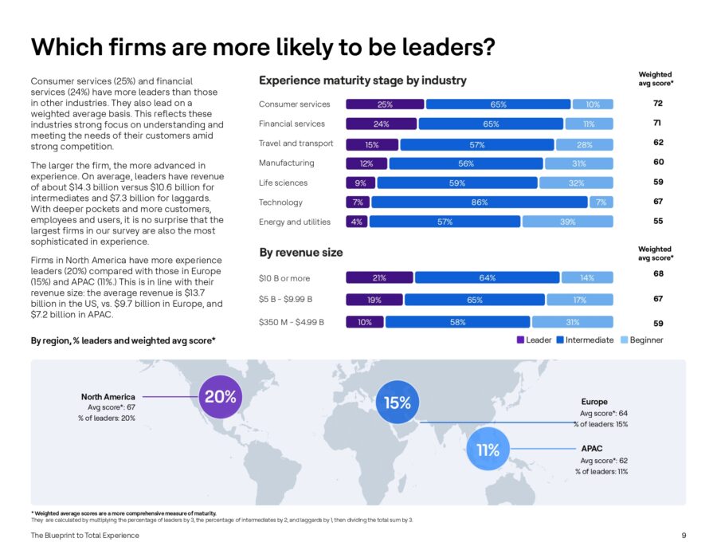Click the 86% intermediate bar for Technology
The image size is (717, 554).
point(480,202)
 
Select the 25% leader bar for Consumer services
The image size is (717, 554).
point(385,104)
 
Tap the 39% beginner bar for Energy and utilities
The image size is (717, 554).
point(568,222)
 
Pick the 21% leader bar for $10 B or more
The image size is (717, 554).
point(379,278)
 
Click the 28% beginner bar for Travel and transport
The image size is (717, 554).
point(585,144)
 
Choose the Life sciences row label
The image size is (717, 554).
point(283,183)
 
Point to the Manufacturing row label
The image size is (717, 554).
point(287,163)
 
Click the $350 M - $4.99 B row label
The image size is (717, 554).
point(291,322)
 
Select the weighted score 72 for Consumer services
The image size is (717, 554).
point(657,104)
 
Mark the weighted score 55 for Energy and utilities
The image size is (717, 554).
point(657,222)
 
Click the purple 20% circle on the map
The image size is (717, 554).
point(220,397)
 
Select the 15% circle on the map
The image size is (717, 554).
point(398,403)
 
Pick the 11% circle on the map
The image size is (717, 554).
point(488,450)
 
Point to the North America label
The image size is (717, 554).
point(108,397)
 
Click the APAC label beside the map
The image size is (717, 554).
point(592,449)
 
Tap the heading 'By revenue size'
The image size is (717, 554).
point(301,253)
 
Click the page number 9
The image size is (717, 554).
point(684,535)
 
